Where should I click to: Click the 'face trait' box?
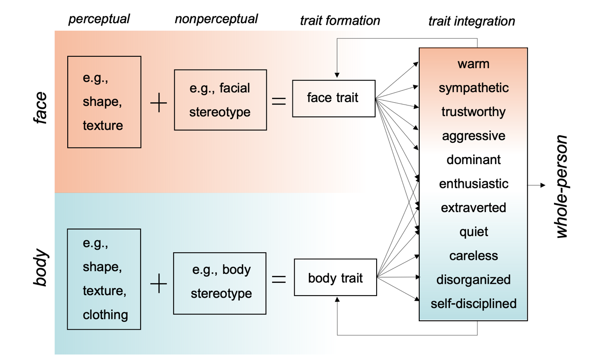click(333, 98)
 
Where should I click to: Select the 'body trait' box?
click(335, 278)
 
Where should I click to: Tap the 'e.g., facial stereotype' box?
click(220, 100)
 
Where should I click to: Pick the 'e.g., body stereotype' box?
click(220, 282)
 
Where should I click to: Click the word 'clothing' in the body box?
click(105, 315)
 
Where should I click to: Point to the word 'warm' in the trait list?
click(473, 64)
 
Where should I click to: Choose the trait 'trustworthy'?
click(473, 112)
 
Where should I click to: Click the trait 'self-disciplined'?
click(473, 303)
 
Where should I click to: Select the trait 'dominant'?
click(473, 159)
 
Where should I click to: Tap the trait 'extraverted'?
click(473, 208)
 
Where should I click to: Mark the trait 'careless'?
click(473, 255)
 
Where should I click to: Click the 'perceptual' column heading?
click(99, 19)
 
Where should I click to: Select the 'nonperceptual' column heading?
click(216, 19)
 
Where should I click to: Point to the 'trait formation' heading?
click(340, 20)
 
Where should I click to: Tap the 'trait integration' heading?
click(471, 21)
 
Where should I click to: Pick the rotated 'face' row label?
click(41, 108)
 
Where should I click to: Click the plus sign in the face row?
click(159, 102)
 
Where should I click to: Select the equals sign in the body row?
click(279, 280)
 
